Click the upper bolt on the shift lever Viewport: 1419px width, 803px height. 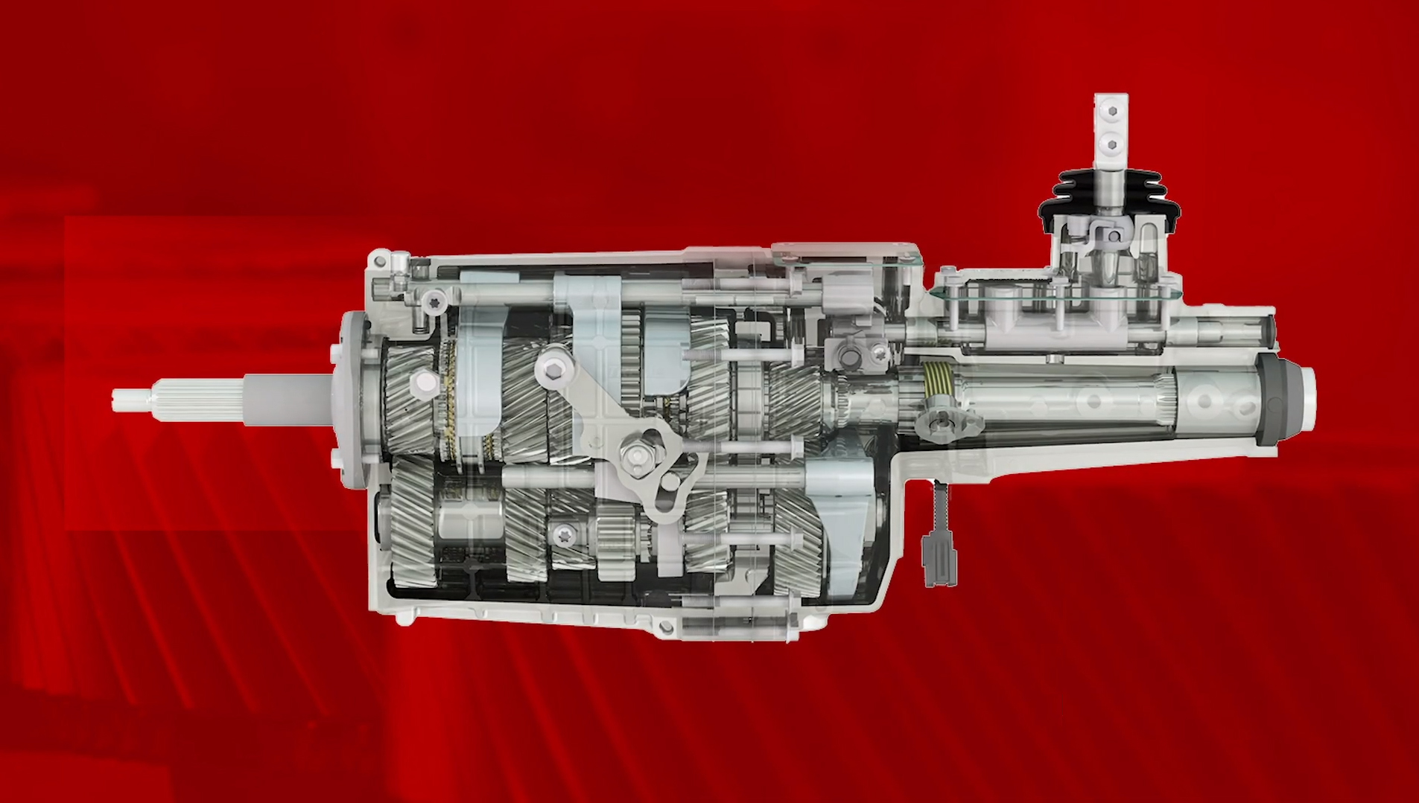click(x=1112, y=111)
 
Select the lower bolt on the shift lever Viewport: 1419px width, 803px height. click(x=1112, y=144)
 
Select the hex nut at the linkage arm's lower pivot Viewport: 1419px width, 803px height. click(x=638, y=453)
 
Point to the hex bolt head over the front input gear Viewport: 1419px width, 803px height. click(x=425, y=382)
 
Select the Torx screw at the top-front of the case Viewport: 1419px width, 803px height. click(x=434, y=300)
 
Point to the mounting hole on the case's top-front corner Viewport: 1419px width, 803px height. click(x=381, y=260)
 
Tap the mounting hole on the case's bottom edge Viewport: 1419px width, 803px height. click(x=665, y=629)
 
